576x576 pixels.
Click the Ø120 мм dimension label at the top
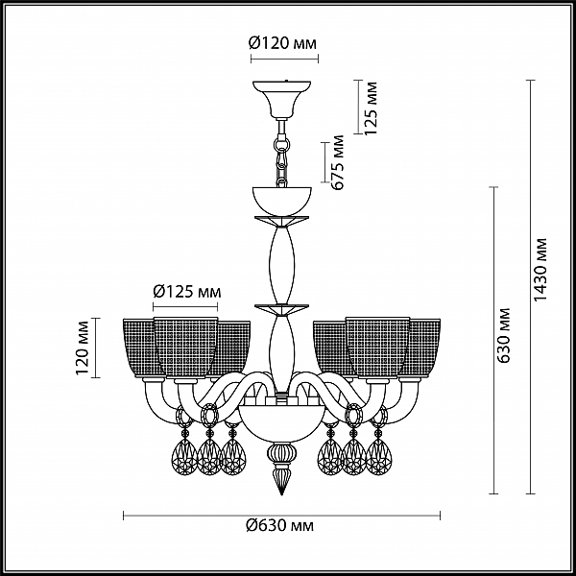click(282, 43)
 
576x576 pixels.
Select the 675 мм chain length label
click(337, 162)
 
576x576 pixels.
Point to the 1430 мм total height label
click(540, 269)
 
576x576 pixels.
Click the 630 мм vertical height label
click(503, 335)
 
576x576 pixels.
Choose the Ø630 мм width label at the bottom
click(280, 526)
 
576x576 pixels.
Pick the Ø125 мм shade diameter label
click(187, 292)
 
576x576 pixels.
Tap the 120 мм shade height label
click(83, 348)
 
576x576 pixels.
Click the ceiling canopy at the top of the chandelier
click(281, 98)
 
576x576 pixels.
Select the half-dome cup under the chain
click(281, 201)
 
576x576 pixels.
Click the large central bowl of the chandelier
click(281, 422)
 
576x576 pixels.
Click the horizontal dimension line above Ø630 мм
click(281, 516)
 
